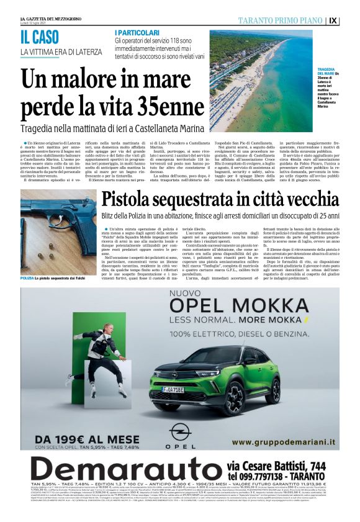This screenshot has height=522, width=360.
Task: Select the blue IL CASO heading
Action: pos(39,37)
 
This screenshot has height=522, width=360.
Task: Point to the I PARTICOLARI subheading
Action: pos(136,32)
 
